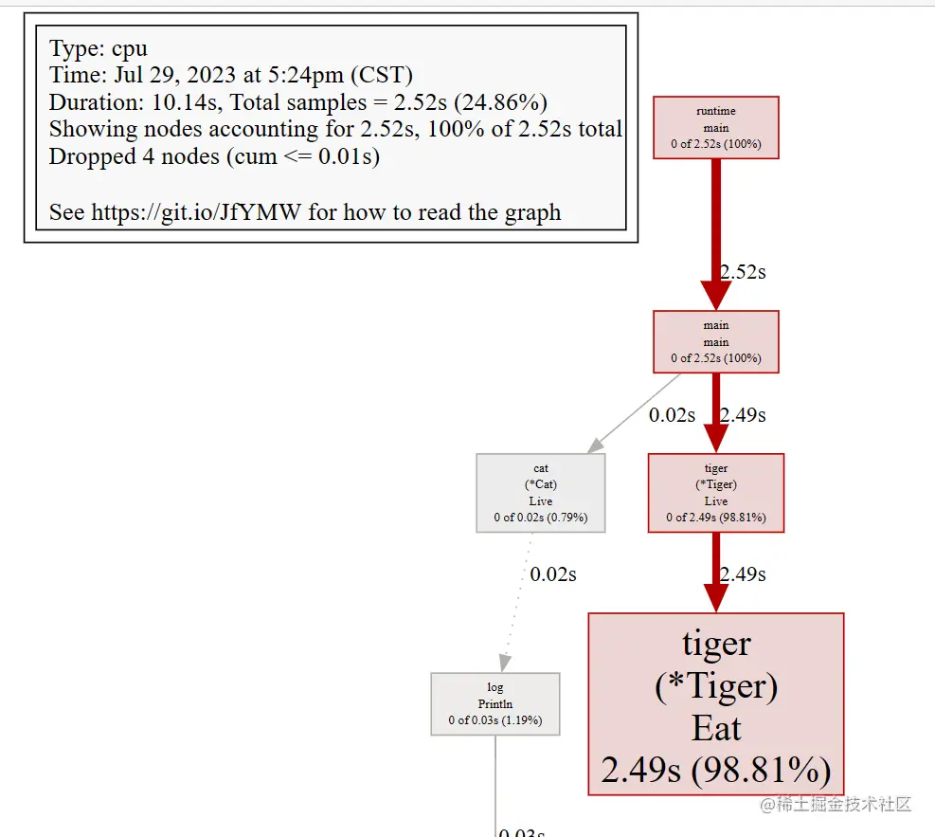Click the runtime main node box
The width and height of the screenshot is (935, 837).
715,128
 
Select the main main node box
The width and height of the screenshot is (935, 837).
715,342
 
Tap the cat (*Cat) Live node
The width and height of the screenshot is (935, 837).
541,493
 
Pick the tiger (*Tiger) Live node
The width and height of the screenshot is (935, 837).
715,493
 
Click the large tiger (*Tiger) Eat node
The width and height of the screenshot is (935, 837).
715,704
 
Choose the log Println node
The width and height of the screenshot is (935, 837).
494,704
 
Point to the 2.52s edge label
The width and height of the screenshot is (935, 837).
743,272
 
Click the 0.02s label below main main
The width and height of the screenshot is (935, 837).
672,415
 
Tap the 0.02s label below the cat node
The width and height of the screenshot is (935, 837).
553,574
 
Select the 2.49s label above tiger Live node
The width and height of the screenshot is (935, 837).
743,415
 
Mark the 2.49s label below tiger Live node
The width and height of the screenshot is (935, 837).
743,574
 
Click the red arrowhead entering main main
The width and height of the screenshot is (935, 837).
715,296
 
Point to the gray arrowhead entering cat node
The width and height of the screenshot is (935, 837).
596,446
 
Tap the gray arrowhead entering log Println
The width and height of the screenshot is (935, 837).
505,663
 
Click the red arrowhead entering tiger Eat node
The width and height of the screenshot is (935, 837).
715,598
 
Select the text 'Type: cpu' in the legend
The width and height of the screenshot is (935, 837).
99,48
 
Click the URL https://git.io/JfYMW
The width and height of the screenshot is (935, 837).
196,212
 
